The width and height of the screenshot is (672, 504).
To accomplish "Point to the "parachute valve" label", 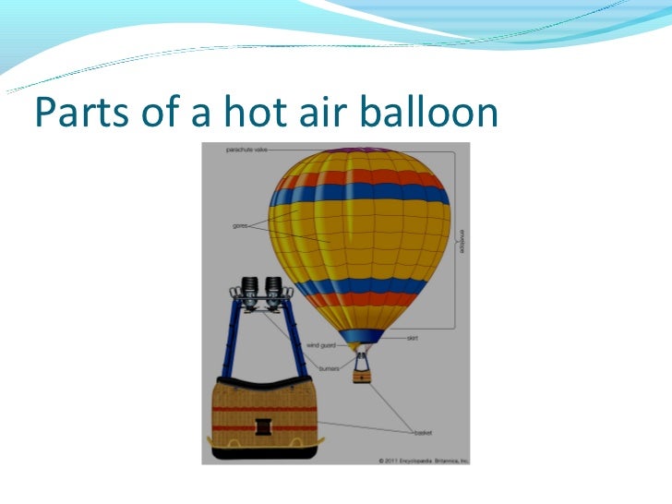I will pyautogui.click(x=246, y=149).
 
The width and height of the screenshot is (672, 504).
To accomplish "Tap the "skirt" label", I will pyautogui.click(x=413, y=338).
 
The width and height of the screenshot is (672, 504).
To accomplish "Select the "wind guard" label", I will pyautogui.click(x=319, y=346).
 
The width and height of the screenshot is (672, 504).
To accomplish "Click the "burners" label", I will pyautogui.click(x=330, y=368).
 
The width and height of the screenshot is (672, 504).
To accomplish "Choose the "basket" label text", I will pyautogui.click(x=424, y=432).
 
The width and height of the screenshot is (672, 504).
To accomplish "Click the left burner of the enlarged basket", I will pyautogui.click(x=247, y=289).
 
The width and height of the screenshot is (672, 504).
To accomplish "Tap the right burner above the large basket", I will pyautogui.click(x=273, y=289).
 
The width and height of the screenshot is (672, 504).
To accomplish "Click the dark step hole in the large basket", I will pyautogui.click(x=265, y=426).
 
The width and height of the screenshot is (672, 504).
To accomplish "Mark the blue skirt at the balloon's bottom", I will pyautogui.click(x=361, y=336).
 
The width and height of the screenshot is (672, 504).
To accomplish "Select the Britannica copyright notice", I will pyautogui.click(x=423, y=459).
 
